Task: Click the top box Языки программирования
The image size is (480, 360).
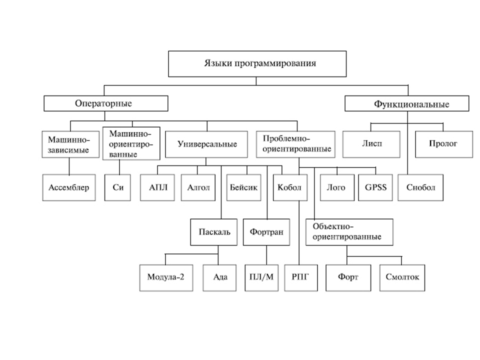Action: (x=257, y=63)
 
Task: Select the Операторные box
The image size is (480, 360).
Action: (x=105, y=104)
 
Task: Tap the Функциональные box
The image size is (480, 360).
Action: (x=407, y=104)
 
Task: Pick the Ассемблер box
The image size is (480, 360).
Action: (x=68, y=188)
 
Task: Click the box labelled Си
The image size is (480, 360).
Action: (x=117, y=188)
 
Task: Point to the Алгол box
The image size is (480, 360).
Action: (x=197, y=188)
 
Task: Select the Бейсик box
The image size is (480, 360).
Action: (x=243, y=188)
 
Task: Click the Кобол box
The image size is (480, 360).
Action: (x=290, y=188)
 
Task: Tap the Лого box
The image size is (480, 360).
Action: (x=336, y=188)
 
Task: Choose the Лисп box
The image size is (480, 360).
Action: (x=371, y=144)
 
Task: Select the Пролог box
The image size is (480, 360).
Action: (x=443, y=144)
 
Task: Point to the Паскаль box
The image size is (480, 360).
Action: (x=213, y=232)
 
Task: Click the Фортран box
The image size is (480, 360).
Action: (x=266, y=232)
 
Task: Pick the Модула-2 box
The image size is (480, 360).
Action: (x=165, y=276)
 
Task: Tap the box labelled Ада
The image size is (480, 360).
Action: (x=219, y=276)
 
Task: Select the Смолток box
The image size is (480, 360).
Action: (x=402, y=276)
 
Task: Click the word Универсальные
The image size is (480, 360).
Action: (x=207, y=144)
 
